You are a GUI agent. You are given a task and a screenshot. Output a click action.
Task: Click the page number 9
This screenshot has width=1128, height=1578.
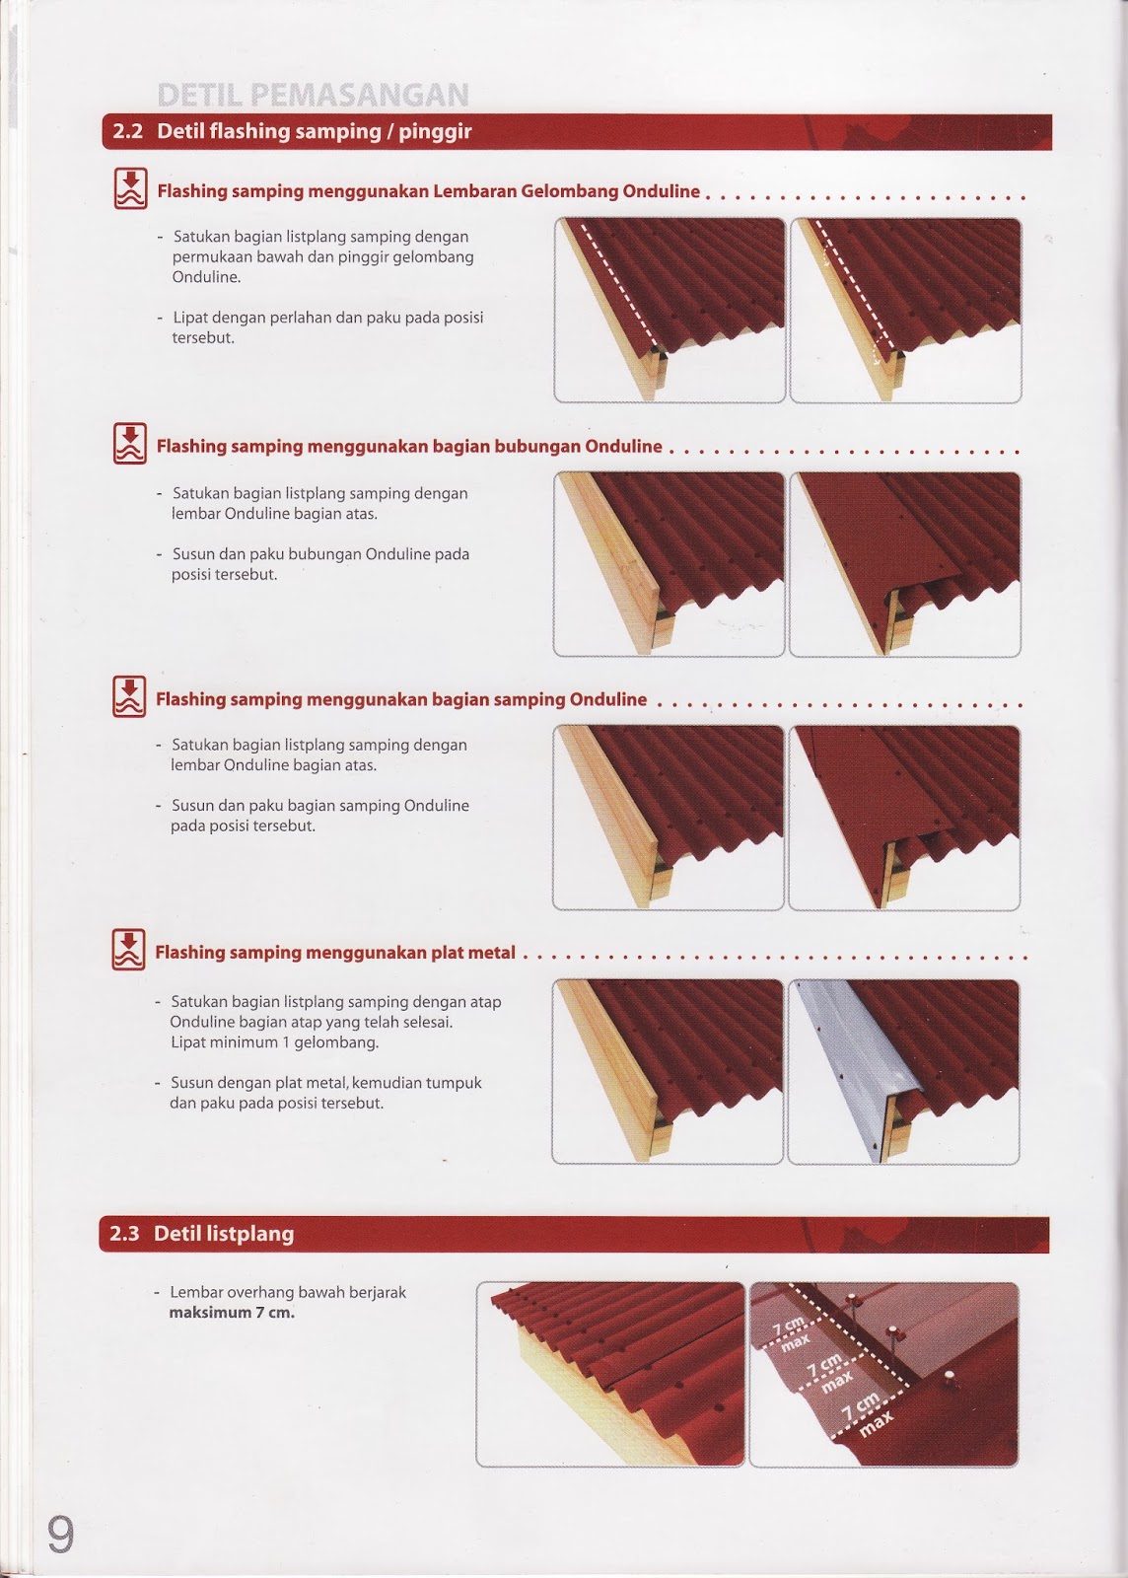pos(60,1534)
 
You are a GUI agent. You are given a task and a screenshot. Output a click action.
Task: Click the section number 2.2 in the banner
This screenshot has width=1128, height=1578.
pos(128,132)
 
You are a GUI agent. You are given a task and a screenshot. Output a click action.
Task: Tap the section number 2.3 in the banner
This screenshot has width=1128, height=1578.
pos(125,1234)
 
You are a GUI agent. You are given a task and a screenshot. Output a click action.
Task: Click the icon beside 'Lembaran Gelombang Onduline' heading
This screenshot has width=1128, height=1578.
pos(130,189)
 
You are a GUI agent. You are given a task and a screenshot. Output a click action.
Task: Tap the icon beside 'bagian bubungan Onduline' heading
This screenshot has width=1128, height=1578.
pos(130,445)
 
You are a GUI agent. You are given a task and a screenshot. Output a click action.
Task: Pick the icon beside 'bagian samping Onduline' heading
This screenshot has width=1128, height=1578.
pos(129,697)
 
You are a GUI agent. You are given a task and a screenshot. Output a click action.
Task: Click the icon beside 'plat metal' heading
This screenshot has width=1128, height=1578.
pos(129,950)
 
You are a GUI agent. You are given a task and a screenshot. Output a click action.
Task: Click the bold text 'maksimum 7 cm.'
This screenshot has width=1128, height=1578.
pos(232,1313)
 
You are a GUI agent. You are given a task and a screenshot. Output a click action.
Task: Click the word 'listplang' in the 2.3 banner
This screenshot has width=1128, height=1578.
pos(251,1234)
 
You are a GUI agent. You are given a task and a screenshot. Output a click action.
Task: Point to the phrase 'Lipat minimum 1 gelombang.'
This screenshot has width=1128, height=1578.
pos(274,1041)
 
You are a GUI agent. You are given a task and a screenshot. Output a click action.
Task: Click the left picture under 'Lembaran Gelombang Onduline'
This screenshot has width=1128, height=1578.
pos(670,310)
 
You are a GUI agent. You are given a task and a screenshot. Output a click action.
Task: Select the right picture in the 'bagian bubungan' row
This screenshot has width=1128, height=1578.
pos(904,564)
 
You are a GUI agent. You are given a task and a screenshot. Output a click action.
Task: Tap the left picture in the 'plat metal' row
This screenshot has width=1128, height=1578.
pos(669,1071)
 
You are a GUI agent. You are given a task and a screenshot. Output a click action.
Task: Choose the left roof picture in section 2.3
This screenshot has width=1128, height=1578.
pos(610,1373)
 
